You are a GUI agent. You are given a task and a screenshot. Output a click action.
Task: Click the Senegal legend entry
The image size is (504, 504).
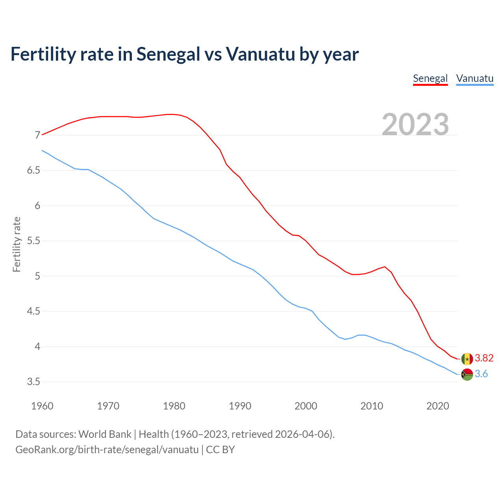[430, 78]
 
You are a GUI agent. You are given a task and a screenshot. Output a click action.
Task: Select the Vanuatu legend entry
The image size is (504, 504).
[474, 78]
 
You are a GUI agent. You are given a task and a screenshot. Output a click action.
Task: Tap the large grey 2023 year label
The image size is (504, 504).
[415, 124]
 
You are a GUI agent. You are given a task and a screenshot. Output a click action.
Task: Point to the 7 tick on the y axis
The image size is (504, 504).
[37, 135]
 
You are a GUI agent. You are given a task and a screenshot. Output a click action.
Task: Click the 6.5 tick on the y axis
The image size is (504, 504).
[33, 170]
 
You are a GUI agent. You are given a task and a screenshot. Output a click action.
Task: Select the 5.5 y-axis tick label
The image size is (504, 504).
[33, 241]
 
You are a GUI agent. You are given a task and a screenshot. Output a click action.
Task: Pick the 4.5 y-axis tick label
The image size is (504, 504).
[33, 311]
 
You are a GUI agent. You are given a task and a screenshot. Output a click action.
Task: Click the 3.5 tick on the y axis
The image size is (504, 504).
[33, 382]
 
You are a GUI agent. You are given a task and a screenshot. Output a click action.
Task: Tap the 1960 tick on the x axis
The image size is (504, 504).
[42, 406]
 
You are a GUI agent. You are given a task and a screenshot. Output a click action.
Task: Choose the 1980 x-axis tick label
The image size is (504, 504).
[174, 406]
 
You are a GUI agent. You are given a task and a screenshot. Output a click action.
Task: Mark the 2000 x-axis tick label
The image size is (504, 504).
[306, 406]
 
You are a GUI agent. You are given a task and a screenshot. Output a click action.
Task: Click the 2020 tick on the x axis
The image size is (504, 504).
[437, 406]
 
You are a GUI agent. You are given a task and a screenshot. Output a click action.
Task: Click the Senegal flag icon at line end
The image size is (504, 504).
[467, 359]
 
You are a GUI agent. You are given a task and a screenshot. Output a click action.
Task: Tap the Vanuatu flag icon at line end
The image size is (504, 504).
[467, 374]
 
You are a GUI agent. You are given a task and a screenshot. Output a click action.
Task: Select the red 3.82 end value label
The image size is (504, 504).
[484, 358]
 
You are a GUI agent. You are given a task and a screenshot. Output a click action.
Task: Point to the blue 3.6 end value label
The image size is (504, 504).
[481, 374]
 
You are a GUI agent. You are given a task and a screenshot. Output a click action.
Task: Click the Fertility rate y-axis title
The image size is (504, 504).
[17, 244]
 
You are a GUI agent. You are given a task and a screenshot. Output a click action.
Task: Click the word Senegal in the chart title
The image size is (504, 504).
[169, 54]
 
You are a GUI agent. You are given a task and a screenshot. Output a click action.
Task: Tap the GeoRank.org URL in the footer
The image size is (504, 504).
[107, 450]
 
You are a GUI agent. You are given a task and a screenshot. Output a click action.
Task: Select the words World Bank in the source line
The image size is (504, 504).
[105, 434]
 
